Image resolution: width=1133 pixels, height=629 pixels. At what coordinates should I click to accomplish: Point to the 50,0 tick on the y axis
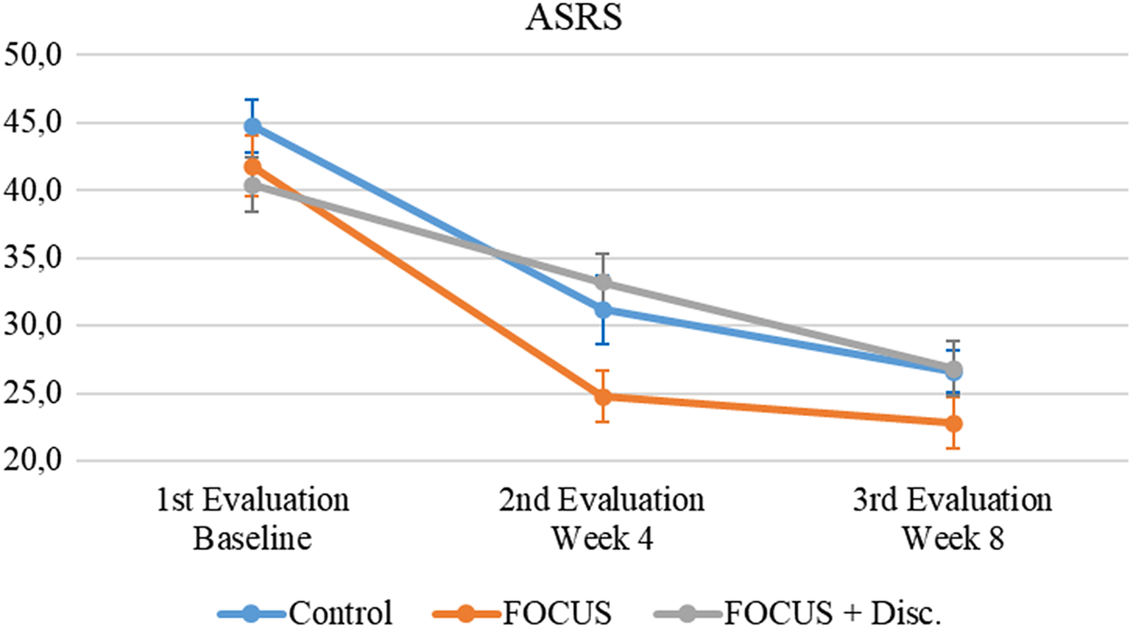33,54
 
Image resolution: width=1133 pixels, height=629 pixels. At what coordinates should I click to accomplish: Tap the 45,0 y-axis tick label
33,122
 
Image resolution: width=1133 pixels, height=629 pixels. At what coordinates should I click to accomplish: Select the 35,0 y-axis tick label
33,257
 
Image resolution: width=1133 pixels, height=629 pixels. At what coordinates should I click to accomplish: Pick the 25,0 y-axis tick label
33,393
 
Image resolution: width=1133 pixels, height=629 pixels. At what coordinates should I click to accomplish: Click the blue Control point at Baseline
253,126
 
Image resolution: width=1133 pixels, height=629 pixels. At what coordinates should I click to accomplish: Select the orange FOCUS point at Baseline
253,167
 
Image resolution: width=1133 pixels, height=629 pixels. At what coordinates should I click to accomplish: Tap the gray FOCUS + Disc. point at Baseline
253,186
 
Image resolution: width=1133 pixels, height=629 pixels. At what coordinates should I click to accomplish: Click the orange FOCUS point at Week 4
602,396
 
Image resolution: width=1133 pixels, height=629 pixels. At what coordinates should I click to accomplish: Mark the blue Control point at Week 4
602,310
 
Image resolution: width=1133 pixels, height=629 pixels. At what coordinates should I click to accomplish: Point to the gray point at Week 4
602,283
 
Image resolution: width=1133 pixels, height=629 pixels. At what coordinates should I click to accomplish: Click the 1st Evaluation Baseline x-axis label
253,519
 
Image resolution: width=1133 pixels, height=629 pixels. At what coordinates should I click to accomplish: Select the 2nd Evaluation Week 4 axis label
602,519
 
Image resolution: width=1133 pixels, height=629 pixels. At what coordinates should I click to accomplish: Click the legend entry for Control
305,613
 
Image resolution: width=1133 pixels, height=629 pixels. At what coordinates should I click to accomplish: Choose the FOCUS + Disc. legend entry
802,613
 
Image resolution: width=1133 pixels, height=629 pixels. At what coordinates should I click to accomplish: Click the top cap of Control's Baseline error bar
253,100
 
